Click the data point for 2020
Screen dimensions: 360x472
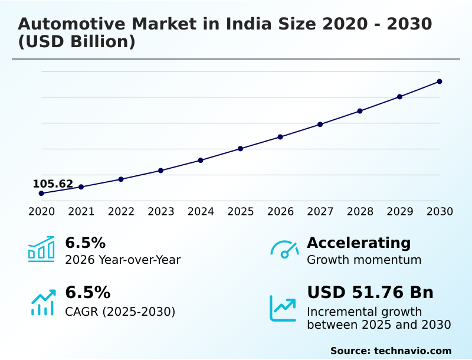(x=41, y=193)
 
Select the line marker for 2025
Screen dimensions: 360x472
(x=240, y=149)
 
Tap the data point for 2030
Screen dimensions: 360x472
(x=440, y=81)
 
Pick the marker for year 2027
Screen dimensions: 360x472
(x=320, y=125)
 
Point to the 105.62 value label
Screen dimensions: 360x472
(x=53, y=184)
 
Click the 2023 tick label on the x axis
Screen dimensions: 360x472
(x=160, y=211)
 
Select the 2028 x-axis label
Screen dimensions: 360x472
(x=360, y=211)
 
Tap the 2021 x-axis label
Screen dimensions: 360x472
(x=81, y=211)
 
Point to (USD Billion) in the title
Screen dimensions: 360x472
(x=77, y=42)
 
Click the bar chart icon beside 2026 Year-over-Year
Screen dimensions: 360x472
(x=41, y=249)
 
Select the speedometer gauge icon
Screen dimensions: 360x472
(x=284, y=249)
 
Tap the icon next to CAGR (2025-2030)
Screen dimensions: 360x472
(x=42, y=302)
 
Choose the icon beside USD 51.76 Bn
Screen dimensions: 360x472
(x=283, y=307)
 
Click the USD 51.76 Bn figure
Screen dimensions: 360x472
(x=370, y=292)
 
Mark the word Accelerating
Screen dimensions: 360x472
(x=359, y=243)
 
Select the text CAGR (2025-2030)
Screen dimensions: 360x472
(x=120, y=312)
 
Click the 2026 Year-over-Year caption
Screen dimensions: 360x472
(x=123, y=260)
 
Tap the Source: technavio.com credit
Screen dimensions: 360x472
(x=391, y=351)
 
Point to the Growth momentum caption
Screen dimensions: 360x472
(x=364, y=260)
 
